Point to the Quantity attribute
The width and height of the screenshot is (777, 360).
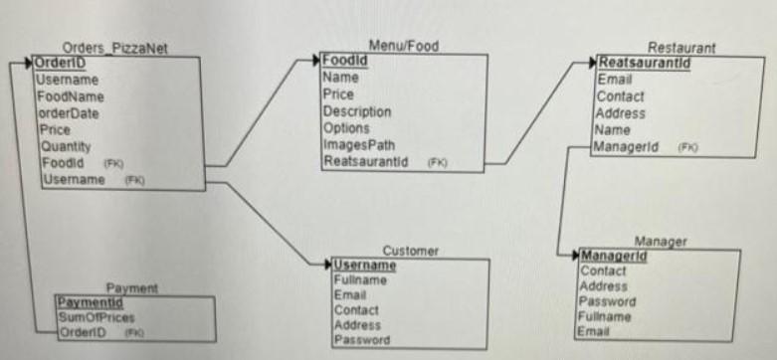click(64, 146)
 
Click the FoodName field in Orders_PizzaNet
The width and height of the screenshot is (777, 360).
click(71, 96)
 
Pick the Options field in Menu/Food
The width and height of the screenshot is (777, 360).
click(346, 128)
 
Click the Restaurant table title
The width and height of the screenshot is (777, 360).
click(681, 48)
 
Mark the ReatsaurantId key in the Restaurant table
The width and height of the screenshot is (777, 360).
click(644, 64)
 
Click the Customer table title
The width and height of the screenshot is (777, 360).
click(410, 251)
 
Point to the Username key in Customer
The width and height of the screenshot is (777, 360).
click(364, 266)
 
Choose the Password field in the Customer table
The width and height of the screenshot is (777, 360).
click(361, 340)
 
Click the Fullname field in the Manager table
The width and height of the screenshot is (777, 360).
click(606, 316)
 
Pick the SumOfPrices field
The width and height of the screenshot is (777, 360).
click(97, 317)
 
